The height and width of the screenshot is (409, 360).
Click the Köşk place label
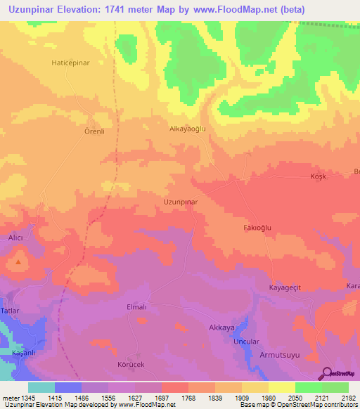coord(319,176)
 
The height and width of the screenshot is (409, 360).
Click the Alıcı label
coord(15,239)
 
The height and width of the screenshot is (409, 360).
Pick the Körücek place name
coord(131,366)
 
